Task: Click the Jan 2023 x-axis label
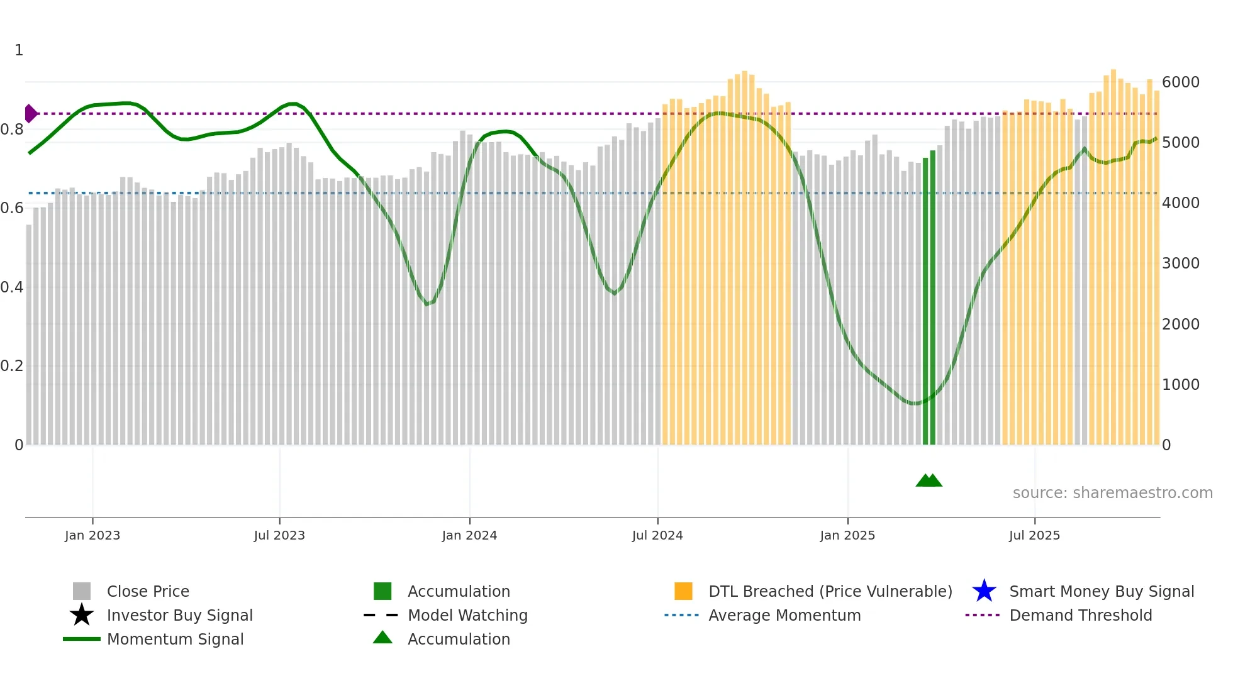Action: [92, 535]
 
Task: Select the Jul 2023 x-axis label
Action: [279, 535]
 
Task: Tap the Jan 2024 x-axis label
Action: [469, 535]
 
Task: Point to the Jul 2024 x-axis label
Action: [657, 535]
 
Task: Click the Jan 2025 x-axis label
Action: [847, 535]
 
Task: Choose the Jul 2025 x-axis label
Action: [1034, 535]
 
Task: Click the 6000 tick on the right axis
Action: [1181, 82]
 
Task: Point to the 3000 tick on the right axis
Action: [1181, 263]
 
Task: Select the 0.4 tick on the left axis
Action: [12, 287]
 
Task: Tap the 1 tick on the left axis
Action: [19, 50]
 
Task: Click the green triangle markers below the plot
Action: [929, 480]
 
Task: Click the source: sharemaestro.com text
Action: [1112, 493]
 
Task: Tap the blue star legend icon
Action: [984, 591]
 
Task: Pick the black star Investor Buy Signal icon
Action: [82, 615]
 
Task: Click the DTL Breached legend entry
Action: [830, 591]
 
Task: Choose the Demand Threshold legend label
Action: [1080, 615]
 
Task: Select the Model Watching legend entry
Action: [467, 615]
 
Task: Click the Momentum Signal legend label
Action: [175, 639]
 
